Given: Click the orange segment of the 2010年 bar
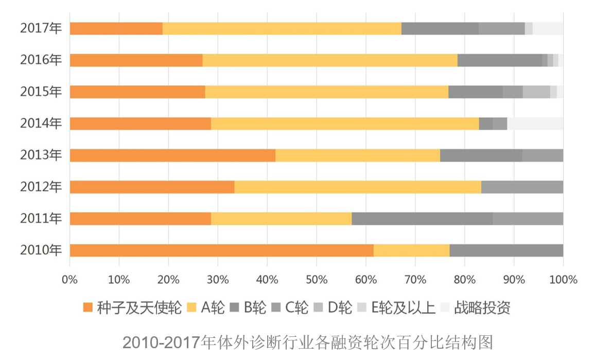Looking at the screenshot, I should (x=221, y=250).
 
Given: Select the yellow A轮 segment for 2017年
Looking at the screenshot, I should (x=282, y=29).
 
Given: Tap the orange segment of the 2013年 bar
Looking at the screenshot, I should (x=172, y=155).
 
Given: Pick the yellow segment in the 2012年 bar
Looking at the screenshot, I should (x=357, y=187).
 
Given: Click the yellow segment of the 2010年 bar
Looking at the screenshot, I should (x=411, y=250).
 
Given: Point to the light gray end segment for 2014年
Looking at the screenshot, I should (x=535, y=124).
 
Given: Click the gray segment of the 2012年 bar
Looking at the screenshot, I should (x=522, y=187).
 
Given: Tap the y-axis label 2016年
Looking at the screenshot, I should (x=41, y=60).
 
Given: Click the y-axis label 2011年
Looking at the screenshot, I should (x=41, y=219).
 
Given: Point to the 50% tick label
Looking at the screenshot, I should (x=317, y=280).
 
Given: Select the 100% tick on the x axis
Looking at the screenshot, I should (x=563, y=280).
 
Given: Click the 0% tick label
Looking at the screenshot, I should (x=69, y=280).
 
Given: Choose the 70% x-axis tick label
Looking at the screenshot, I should (x=415, y=280).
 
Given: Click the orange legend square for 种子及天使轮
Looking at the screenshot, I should (x=88, y=308).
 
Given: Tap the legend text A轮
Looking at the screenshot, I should (x=213, y=308).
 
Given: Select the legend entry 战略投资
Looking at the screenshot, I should (x=482, y=308).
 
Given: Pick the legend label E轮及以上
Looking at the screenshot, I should (x=403, y=308).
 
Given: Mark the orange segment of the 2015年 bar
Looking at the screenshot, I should (x=137, y=92).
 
